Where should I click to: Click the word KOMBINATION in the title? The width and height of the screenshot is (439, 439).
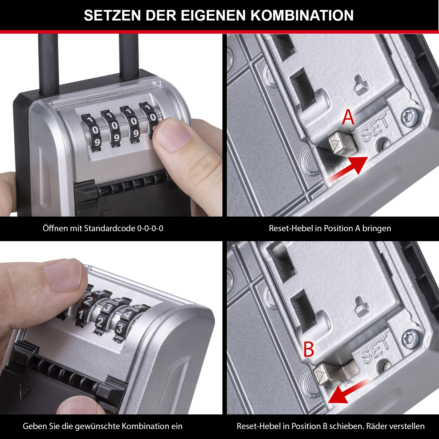click(302, 16)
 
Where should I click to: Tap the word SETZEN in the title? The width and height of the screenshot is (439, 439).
click(113, 16)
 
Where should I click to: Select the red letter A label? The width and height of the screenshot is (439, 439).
click(348, 117)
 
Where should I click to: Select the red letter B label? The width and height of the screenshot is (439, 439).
click(309, 349)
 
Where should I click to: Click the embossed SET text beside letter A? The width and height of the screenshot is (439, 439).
click(375, 128)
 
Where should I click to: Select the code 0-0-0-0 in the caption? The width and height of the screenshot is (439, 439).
click(150, 228)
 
